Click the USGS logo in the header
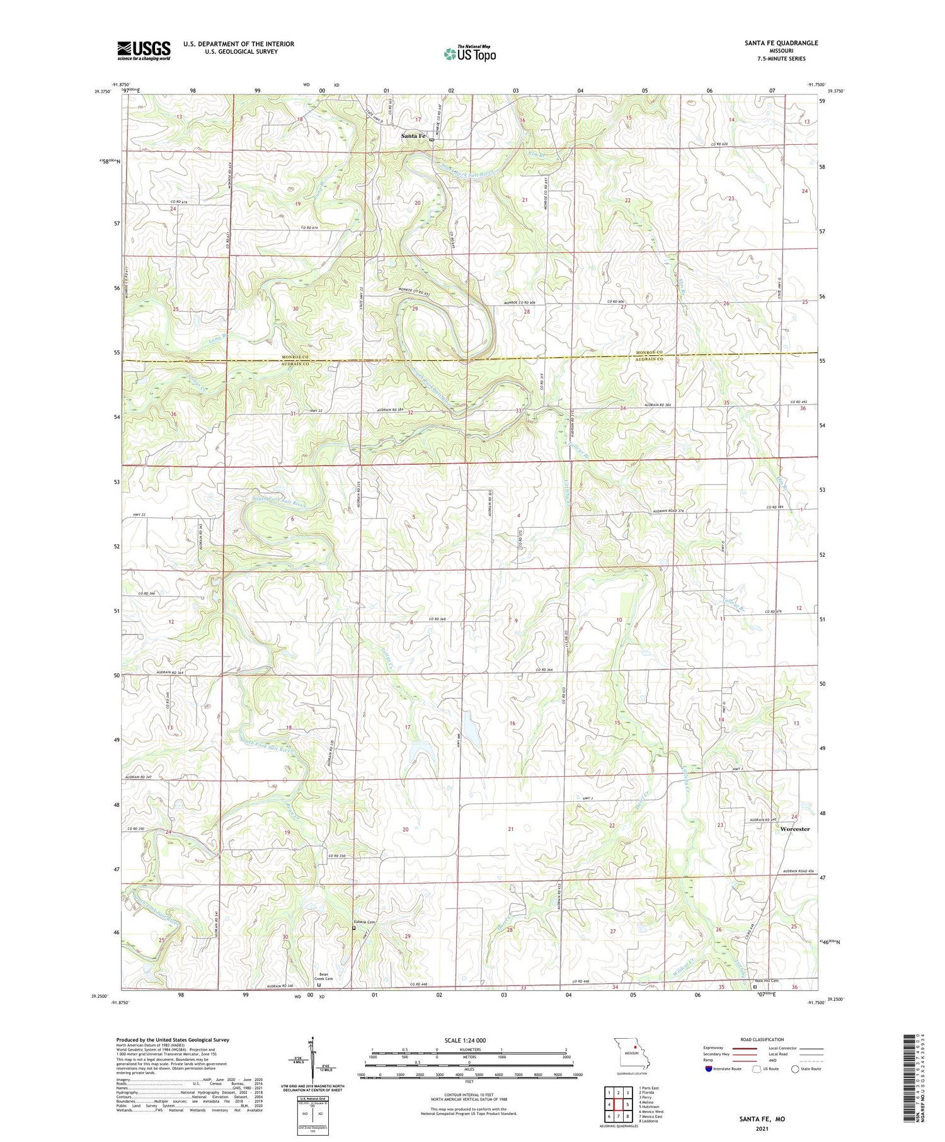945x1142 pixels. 144,50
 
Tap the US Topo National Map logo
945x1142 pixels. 469,54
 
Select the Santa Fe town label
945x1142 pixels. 414,136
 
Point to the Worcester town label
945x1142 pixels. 794,829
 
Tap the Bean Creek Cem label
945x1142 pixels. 323,978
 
